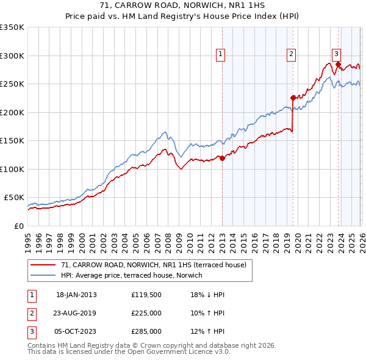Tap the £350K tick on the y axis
(x=12, y=27)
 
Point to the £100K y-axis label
(x=12, y=169)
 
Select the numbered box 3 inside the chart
(x=336, y=53)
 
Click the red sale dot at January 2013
(x=222, y=158)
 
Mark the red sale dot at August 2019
(x=293, y=98)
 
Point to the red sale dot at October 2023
(x=338, y=64)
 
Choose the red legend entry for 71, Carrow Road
(x=153, y=265)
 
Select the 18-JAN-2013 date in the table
(x=76, y=295)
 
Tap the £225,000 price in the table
(x=146, y=313)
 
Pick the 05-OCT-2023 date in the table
(x=76, y=331)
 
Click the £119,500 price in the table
(x=146, y=295)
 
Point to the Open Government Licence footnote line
(x=129, y=352)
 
